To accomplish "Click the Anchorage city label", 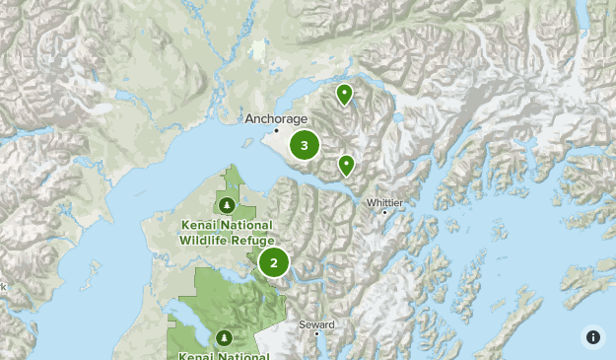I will (x=276, y=118).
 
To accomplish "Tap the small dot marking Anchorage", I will (x=277, y=130).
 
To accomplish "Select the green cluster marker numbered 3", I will (x=305, y=146).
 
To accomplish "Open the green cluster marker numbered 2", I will (x=274, y=262).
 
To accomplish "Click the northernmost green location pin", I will (x=344, y=94).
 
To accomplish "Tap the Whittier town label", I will (x=384, y=202).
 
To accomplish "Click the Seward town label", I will (x=317, y=324).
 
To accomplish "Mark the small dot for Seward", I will (x=317, y=333).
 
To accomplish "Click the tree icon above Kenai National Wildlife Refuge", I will (x=228, y=205).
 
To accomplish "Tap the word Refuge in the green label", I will (x=251, y=239).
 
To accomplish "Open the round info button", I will (x=592, y=336).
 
